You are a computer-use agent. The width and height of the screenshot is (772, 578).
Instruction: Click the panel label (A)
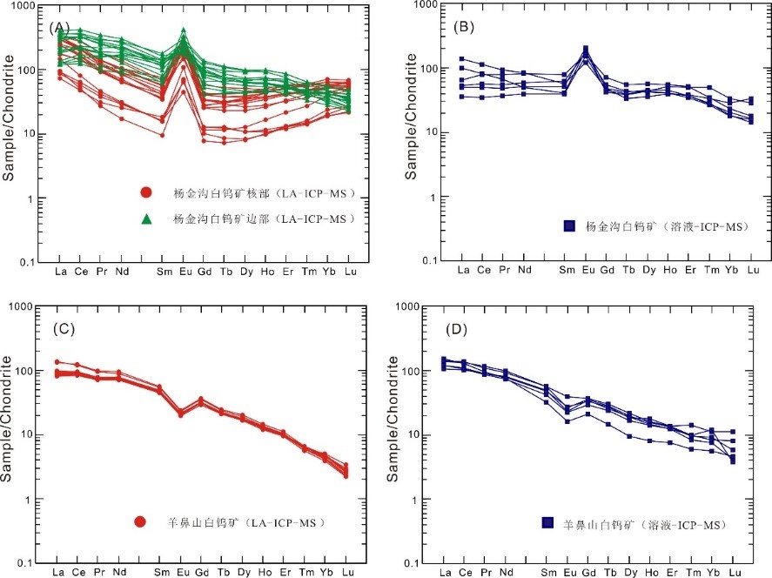click(61, 27)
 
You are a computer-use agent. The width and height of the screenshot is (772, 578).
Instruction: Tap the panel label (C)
click(62, 329)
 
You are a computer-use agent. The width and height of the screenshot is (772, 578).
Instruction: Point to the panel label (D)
click(464, 329)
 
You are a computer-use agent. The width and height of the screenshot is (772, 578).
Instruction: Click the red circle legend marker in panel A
click(147, 192)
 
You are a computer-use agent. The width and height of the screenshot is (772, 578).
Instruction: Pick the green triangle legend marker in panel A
click(147, 218)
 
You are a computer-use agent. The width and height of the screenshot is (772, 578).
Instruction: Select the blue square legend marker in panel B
click(570, 226)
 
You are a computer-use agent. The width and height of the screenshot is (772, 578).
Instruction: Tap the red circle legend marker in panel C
click(140, 522)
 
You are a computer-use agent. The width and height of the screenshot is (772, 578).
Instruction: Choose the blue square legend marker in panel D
click(547, 522)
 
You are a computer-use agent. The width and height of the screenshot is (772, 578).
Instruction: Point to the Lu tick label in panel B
click(753, 270)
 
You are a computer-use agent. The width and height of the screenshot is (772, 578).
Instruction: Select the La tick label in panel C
click(59, 572)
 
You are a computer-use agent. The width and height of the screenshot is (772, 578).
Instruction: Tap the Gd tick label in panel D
click(589, 572)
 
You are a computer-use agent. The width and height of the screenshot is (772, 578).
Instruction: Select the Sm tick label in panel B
click(567, 270)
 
